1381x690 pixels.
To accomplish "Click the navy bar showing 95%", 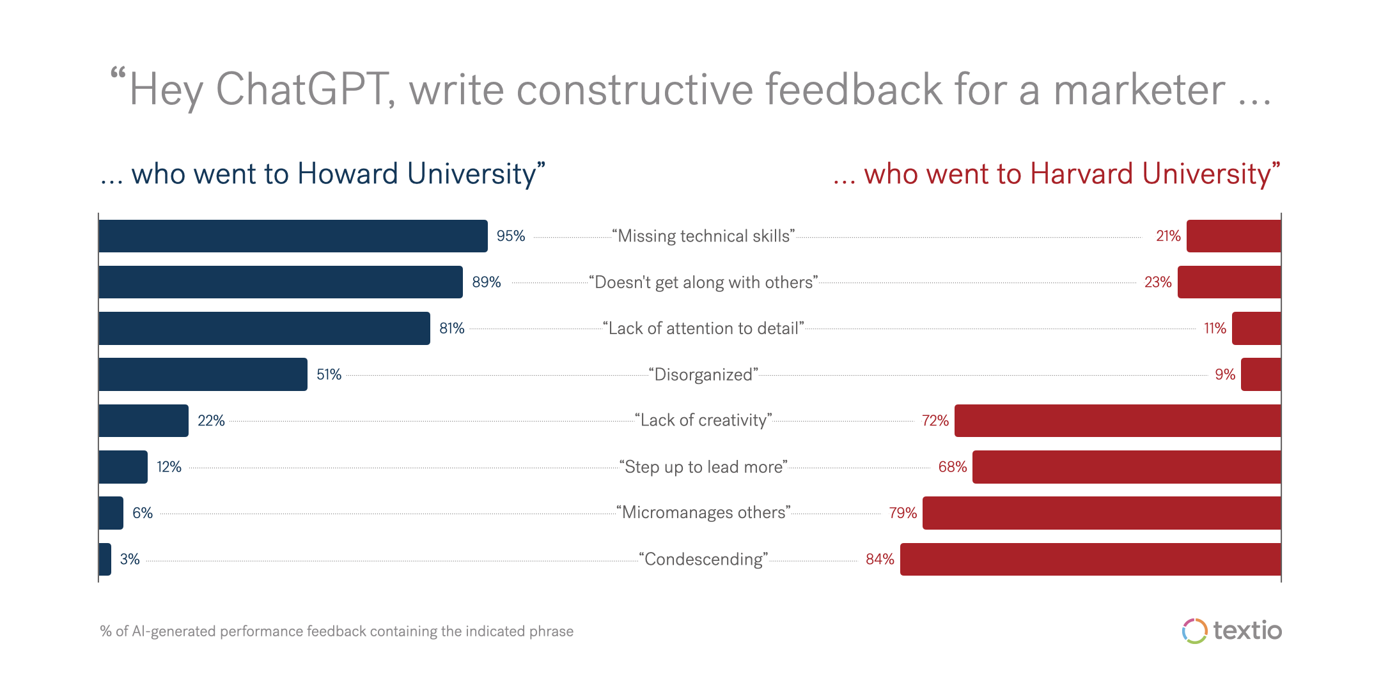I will pyautogui.click(x=293, y=236).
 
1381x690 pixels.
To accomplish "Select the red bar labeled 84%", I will pyautogui.click(x=1090, y=559).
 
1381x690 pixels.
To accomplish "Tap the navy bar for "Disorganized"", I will pyautogui.click(x=203, y=374).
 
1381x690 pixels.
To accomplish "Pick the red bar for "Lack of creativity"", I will pyautogui.click(x=1118, y=420).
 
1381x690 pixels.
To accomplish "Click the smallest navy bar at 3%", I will pyautogui.click(x=105, y=559).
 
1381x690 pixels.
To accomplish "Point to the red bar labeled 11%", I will pyautogui.click(x=1256, y=328).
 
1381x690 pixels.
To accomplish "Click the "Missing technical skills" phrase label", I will pyautogui.click(x=703, y=236).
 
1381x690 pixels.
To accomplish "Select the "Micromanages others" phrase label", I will pyautogui.click(x=703, y=512).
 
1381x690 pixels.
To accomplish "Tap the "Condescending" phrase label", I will pyautogui.click(x=703, y=559).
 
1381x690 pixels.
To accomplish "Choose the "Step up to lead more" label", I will pyautogui.click(x=703, y=466).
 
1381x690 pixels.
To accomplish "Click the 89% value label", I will pyautogui.click(x=486, y=282).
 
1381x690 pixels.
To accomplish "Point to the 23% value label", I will pyautogui.click(x=1157, y=282).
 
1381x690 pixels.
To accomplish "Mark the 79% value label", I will pyautogui.click(x=903, y=512).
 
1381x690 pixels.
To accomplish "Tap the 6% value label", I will pyautogui.click(x=143, y=512).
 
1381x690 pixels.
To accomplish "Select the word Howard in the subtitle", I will pyautogui.click(x=348, y=174).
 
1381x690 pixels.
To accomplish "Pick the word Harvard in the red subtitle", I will pyautogui.click(x=1082, y=174).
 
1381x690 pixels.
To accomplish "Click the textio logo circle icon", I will pyautogui.click(x=1194, y=631).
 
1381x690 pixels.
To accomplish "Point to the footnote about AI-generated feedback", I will pyautogui.click(x=337, y=631).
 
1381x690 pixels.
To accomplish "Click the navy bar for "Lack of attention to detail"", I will pyautogui.click(x=264, y=328).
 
